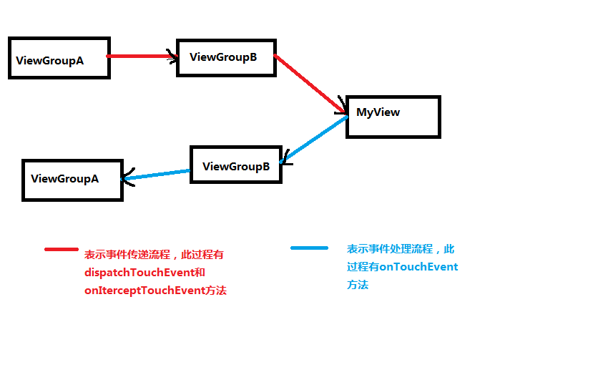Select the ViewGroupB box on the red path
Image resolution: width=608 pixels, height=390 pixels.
(x=226, y=57)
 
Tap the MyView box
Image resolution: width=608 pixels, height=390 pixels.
(x=393, y=116)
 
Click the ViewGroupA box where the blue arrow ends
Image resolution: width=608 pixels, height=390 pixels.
(x=72, y=180)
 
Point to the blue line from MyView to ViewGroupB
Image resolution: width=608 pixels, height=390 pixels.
(x=315, y=139)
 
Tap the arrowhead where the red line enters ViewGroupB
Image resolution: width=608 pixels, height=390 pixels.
(x=172, y=57)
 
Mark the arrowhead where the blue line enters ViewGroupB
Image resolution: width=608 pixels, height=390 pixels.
(x=285, y=157)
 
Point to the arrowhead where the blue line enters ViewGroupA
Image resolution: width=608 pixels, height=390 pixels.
(x=127, y=178)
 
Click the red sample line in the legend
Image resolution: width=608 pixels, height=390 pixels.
(x=61, y=249)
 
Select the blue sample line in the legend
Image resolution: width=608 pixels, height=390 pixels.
(x=309, y=248)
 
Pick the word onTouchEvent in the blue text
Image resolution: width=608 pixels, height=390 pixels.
(x=418, y=267)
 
